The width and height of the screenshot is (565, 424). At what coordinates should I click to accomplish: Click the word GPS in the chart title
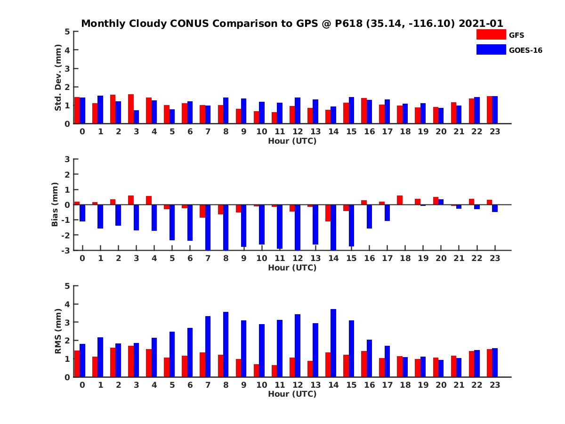(x=294, y=24)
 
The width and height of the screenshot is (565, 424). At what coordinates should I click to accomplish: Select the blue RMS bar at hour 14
(x=333, y=343)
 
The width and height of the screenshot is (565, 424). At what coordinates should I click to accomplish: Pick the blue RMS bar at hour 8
(x=226, y=344)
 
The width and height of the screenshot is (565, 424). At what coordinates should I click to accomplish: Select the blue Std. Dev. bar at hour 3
(x=136, y=117)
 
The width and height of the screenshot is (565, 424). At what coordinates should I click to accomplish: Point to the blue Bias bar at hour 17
(x=387, y=212)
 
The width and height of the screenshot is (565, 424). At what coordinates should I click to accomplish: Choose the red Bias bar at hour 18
(x=400, y=200)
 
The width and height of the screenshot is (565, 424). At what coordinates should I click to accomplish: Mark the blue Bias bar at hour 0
(x=82, y=213)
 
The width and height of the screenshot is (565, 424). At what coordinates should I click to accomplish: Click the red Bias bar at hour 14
(x=328, y=213)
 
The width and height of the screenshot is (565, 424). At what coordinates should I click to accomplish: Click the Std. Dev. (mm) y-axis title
(x=58, y=78)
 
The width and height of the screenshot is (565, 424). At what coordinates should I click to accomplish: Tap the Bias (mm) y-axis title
(x=56, y=204)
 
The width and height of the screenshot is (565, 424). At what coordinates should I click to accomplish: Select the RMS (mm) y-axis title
(x=58, y=331)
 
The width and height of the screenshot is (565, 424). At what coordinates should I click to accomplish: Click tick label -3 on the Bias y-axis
(x=66, y=250)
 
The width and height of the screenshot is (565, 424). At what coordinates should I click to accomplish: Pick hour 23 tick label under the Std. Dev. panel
(x=494, y=131)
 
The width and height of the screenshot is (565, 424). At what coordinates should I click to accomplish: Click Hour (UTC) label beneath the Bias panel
(x=292, y=268)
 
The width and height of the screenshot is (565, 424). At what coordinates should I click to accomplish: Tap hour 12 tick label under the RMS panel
(x=298, y=385)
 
